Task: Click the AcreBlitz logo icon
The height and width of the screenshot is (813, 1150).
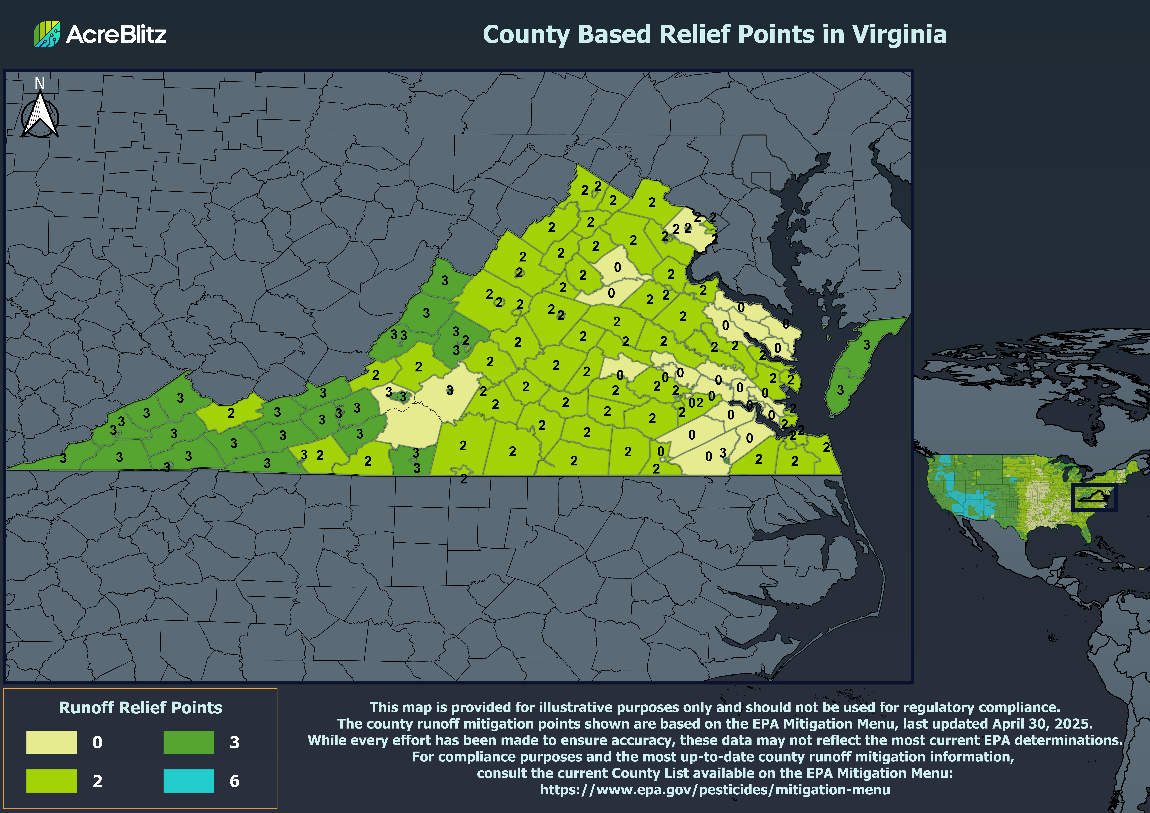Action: click(x=47, y=34)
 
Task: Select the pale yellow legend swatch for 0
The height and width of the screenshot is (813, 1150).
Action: click(x=52, y=742)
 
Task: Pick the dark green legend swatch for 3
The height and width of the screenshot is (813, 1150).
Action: click(x=188, y=742)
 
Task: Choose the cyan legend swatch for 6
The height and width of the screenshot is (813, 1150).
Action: click(x=188, y=780)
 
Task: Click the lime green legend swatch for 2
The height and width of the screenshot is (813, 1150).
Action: click(x=52, y=780)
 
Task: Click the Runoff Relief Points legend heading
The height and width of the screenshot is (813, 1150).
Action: click(x=140, y=707)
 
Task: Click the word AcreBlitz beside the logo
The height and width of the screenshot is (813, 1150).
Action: click(x=116, y=34)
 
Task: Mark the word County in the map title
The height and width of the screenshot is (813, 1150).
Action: click(x=526, y=35)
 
